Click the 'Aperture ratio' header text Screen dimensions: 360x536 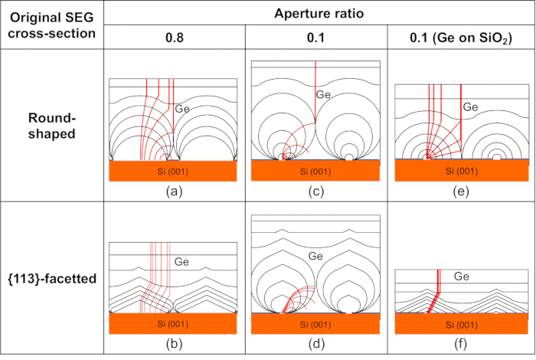pyautogui.click(x=319, y=13)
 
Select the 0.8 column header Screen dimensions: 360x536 pyautogui.click(x=175, y=37)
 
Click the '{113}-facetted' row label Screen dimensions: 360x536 pyautogui.click(x=51, y=279)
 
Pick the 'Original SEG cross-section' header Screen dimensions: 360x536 pyautogui.click(x=51, y=25)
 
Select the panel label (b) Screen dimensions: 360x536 pyautogui.click(x=174, y=343)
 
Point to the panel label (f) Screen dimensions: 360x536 pyautogui.click(x=461, y=343)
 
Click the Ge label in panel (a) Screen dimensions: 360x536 pyautogui.click(x=182, y=109)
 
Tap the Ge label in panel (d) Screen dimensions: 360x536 pyautogui.click(x=315, y=256)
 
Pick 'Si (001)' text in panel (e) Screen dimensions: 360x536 pyautogui.click(x=461, y=170)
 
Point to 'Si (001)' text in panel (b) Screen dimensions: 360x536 pyautogui.click(x=174, y=323)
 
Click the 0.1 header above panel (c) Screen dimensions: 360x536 pyautogui.click(x=315, y=37)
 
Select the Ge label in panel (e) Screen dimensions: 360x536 pyautogui.click(x=470, y=107)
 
